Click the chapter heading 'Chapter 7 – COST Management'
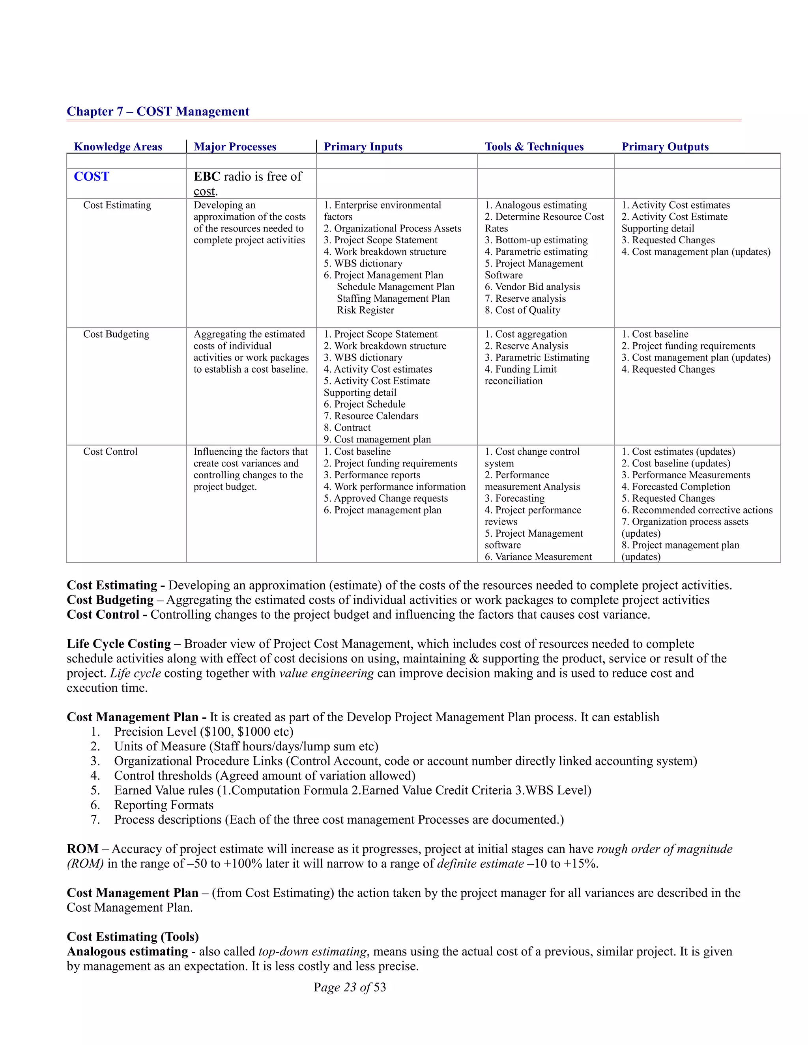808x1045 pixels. pos(157,112)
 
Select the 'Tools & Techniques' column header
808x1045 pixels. pos(534,147)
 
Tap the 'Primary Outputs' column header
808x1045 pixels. pos(664,147)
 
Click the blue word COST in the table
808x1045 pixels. pos(92,177)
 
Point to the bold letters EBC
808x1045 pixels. pos(207,177)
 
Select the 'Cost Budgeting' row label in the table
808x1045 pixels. pos(116,334)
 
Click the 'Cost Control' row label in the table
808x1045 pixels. pos(110,452)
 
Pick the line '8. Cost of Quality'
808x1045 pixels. pos(522,310)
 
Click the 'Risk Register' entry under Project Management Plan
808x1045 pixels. pos(365,310)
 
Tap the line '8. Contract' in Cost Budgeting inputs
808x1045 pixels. pos(347,428)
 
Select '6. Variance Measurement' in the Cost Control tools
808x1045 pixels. pos(538,557)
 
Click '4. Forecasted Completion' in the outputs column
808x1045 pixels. pos(675,487)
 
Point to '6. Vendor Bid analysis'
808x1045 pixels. pos(532,287)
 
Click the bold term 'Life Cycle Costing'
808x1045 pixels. pos(119,644)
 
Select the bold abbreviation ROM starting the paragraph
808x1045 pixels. pos(82,849)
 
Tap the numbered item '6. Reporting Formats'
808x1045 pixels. pos(163,805)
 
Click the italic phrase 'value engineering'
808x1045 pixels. pos(326,673)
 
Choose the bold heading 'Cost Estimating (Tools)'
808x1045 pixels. pos(133,937)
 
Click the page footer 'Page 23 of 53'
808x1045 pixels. pos(350,987)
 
